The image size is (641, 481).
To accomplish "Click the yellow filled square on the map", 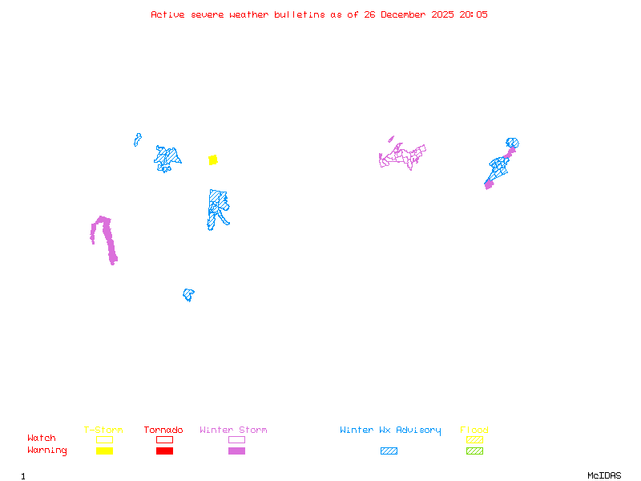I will [213, 160].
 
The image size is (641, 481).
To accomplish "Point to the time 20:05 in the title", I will [474, 14].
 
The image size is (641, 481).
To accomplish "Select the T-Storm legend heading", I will [103, 430].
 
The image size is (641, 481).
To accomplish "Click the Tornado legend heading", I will [163, 430].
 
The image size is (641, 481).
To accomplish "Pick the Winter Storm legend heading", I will [233, 430].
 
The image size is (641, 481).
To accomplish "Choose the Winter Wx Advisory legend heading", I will [390, 430].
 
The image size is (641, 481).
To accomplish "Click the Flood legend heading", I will [474, 430].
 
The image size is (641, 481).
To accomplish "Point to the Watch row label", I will [42, 439].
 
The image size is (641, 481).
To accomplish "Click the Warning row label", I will [47, 451].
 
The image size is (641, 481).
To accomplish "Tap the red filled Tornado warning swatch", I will [164, 451].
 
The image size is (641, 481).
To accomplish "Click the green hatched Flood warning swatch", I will [474, 451].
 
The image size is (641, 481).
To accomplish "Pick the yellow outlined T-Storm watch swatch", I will [104, 440].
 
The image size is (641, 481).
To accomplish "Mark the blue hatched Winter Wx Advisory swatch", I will [389, 451].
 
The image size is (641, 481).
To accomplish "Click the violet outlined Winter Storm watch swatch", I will [236, 440].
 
